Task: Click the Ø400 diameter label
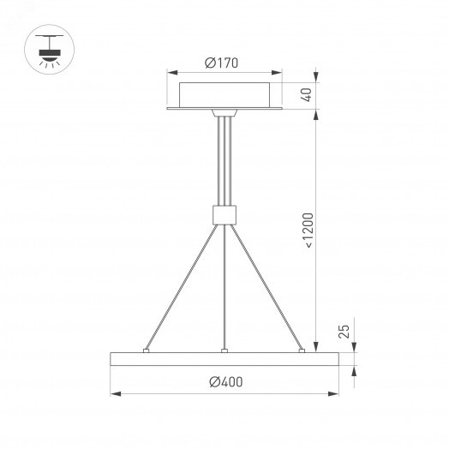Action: click(x=224, y=381)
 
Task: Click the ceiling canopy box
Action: click(x=224, y=93)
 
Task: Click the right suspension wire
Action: click(x=266, y=285)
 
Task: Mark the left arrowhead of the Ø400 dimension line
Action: click(x=115, y=393)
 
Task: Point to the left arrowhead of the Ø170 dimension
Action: click(x=172, y=74)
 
